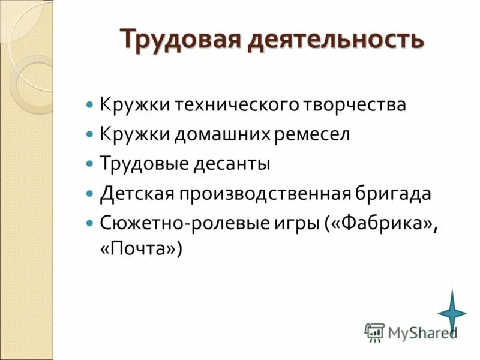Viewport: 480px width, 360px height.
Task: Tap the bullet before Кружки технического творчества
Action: pyautogui.click(x=90, y=104)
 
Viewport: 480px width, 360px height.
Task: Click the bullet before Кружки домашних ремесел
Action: pyautogui.click(x=90, y=134)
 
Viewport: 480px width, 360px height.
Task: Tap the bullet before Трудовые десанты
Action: pyautogui.click(x=90, y=163)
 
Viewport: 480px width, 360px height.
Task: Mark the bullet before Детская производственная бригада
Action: pyautogui.click(x=90, y=193)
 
